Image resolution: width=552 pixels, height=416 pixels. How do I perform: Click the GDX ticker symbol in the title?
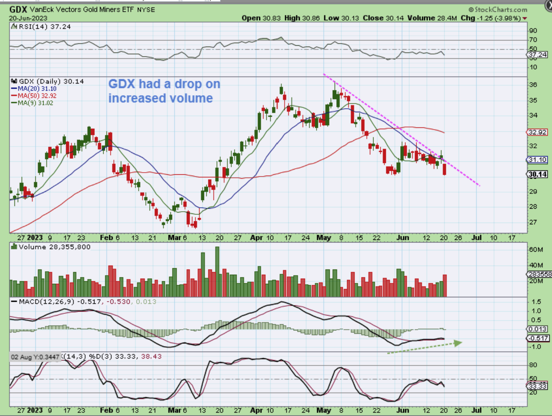[18, 9]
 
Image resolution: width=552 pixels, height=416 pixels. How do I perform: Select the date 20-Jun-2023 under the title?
[28, 18]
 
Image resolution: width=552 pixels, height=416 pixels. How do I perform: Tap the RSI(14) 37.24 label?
[42, 27]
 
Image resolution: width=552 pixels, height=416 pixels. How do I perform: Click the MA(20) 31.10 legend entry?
[37, 89]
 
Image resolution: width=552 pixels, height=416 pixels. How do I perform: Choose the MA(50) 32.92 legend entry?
[37, 96]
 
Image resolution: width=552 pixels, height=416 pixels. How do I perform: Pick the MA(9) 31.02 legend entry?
[35, 103]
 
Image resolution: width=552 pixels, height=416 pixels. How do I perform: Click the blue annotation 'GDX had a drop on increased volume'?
[164, 91]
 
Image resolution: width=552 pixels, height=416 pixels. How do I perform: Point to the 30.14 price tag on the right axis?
[538, 174]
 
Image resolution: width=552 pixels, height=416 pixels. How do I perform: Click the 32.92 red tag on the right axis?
[538, 132]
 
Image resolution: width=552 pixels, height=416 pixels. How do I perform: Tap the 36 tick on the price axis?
[533, 85]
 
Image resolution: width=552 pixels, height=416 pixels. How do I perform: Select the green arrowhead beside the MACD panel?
[457, 343]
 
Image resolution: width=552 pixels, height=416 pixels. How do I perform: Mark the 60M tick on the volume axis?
[535, 250]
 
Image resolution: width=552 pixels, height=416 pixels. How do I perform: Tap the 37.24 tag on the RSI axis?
[538, 55]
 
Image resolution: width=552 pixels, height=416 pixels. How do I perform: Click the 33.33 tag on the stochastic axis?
[538, 386]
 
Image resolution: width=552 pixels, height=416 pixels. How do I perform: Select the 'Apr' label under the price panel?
[256, 238]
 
